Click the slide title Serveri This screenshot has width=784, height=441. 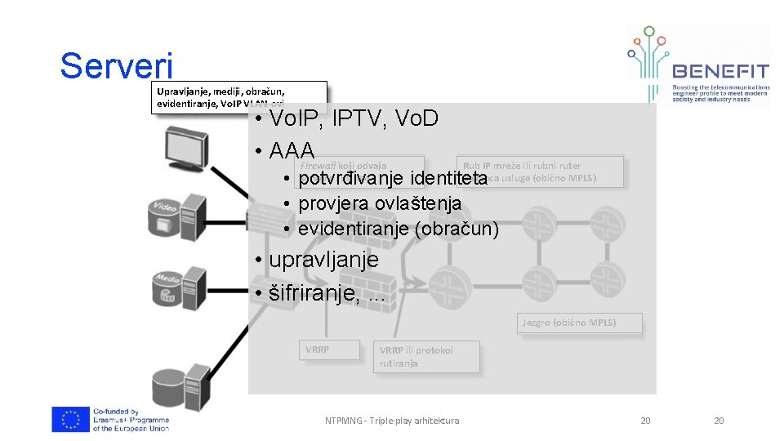coord(117,66)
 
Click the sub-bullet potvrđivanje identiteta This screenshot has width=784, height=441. coord(392,178)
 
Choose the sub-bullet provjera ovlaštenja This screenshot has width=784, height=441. coord(380,203)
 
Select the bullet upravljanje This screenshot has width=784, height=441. coord(323,260)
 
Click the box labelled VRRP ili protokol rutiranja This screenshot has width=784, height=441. coord(425,357)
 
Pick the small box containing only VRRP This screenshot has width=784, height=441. coord(327,350)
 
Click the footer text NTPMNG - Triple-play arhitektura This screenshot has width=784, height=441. coord(391,421)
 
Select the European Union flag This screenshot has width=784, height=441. coord(70,419)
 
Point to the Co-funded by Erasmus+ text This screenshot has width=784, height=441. coord(131,420)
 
